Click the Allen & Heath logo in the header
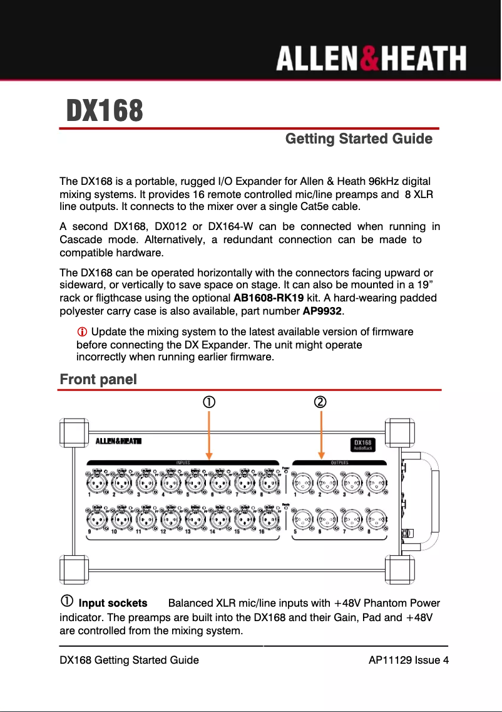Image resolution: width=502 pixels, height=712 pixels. click(371, 60)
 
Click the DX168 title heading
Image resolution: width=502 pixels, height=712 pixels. click(105, 112)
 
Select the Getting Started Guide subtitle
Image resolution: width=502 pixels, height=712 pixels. click(358, 139)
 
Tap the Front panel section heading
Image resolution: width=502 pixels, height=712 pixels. click(98, 379)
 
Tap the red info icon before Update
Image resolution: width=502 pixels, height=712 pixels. click(81, 332)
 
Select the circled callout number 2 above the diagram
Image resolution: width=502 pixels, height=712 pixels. click(320, 401)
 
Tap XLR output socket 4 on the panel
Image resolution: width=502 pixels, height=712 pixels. click(376, 483)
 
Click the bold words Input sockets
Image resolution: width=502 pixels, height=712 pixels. click(113, 604)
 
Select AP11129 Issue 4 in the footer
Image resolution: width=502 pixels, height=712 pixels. click(408, 660)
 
